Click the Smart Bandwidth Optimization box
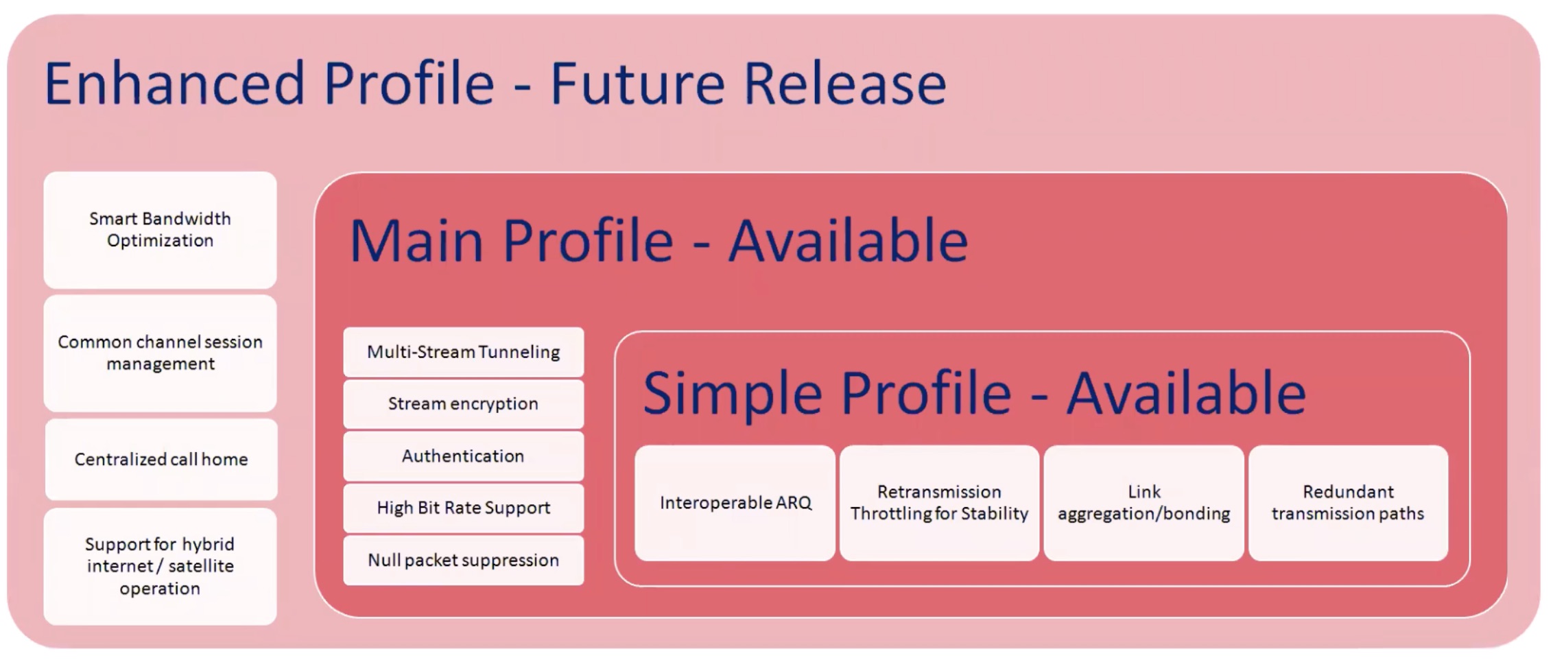coord(160,230)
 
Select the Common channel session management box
coord(160,353)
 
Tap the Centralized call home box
coord(161,459)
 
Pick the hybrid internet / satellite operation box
coord(160,566)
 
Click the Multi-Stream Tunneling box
coord(463,352)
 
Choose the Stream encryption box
coord(463,404)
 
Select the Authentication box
coord(463,456)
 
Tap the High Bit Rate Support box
coord(463,508)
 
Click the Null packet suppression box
coord(463,561)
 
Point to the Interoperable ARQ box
coord(735,503)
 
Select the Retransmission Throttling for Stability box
coord(939,503)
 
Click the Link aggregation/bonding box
coord(1143,503)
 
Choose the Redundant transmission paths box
coord(1348,503)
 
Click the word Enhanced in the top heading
coord(174,84)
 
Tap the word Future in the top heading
coord(637,84)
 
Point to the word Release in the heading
coord(845,84)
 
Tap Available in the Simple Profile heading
coord(1186,392)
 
